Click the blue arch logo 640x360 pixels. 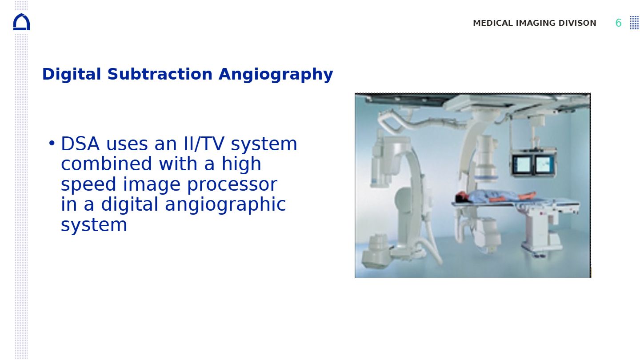[21, 22]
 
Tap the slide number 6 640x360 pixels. [618, 23]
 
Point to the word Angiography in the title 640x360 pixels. [276, 75]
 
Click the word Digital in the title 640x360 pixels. [72, 74]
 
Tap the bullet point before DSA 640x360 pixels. [52, 143]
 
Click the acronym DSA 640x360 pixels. [80, 144]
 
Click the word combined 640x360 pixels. [106, 164]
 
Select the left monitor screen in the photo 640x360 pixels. [522, 164]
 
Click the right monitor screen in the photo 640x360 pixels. [544, 165]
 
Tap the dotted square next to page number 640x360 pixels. [635, 23]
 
